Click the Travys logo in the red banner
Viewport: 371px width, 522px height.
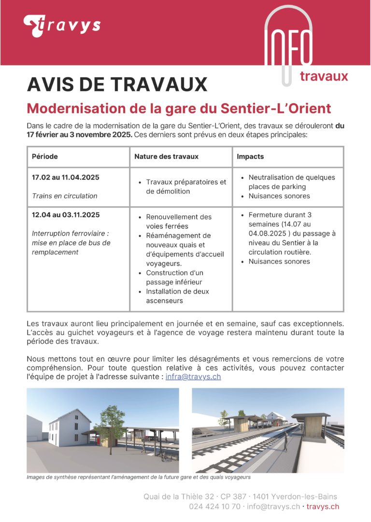[61, 26]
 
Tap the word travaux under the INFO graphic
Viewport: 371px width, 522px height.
[324, 76]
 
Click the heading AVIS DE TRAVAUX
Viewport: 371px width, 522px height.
[117, 85]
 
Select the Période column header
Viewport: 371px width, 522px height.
[45, 157]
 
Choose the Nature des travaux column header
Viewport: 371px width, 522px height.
[166, 157]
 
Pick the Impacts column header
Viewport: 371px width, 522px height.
[250, 157]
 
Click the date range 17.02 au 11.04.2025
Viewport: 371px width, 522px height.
[65, 177]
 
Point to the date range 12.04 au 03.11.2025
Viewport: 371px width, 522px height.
[66, 215]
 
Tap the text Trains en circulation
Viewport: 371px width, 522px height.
[64, 196]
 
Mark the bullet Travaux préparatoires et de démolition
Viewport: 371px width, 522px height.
[185, 186]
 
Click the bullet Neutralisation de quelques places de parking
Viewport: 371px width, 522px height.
[291, 182]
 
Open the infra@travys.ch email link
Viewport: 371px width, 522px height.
[193, 377]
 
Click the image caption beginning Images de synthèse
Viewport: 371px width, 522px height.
[139, 477]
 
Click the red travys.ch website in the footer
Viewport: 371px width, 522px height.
[323, 507]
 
